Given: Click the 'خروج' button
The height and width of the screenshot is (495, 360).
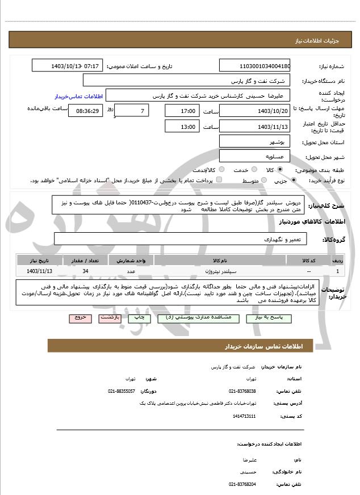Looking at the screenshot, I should pyautogui.click(x=79, y=318).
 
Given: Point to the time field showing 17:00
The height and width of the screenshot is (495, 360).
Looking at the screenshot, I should pyautogui.click(x=182, y=111).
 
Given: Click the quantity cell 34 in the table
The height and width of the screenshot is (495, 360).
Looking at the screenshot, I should pyautogui.click(x=85, y=271).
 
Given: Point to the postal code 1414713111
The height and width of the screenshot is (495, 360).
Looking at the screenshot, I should pyautogui.click(x=244, y=416).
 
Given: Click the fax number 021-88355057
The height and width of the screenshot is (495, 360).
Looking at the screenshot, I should pyautogui.click(x=122, y=391).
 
